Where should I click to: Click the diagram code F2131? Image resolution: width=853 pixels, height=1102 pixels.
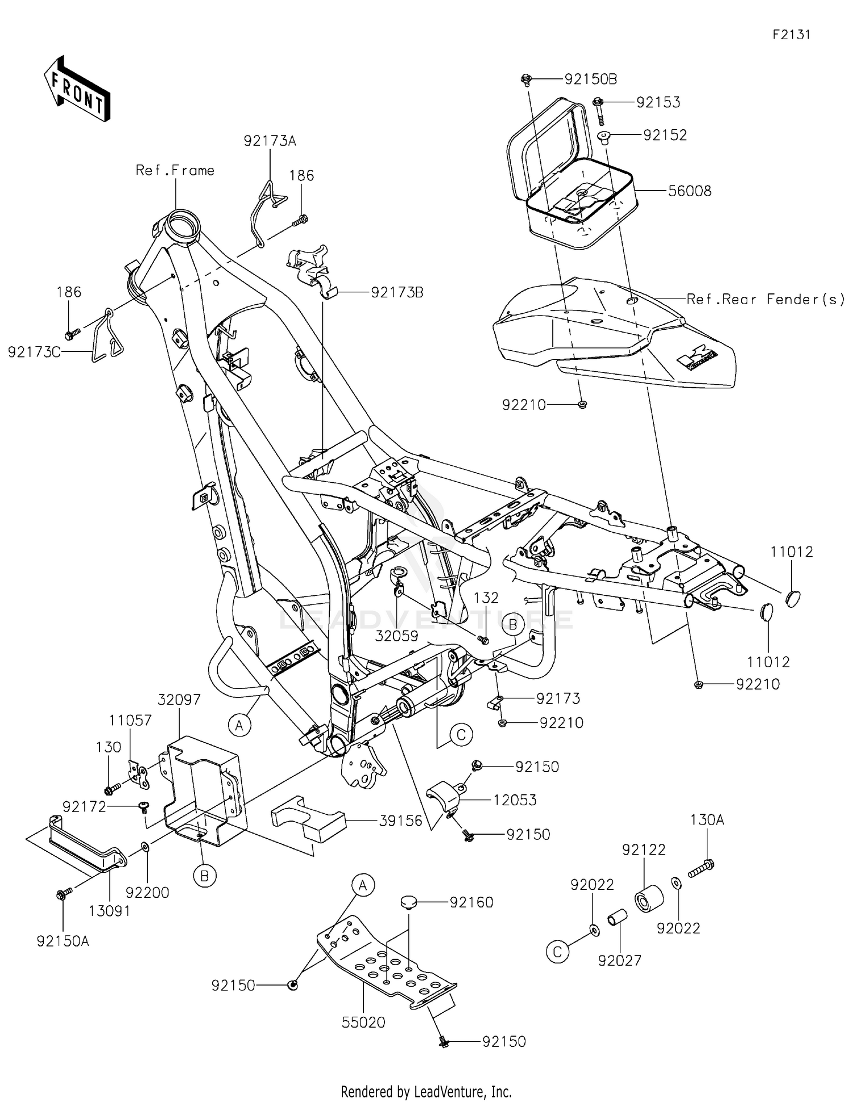791,35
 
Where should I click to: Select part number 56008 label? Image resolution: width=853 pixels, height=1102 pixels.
689,191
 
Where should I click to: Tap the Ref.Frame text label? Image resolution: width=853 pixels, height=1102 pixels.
175,171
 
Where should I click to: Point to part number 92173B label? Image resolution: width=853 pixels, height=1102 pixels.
397,292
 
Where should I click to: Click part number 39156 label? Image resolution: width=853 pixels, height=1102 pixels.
401,821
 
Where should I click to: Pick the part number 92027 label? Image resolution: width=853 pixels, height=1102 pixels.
619,960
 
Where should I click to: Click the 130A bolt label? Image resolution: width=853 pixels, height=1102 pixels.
707,820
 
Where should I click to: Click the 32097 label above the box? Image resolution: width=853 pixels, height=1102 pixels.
179,699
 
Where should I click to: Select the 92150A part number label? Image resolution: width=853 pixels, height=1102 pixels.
63,941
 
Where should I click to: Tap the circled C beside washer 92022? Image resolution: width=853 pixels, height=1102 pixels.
557,952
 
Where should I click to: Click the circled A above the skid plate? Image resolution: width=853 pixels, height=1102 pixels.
363,885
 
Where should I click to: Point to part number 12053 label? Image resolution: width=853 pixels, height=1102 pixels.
515,800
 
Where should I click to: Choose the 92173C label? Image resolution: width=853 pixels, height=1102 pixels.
34,353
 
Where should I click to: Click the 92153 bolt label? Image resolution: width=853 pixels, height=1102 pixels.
658,102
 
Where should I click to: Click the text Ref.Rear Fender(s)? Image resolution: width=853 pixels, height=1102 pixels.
765,299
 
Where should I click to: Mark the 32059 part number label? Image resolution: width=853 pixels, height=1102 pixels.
396,636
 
